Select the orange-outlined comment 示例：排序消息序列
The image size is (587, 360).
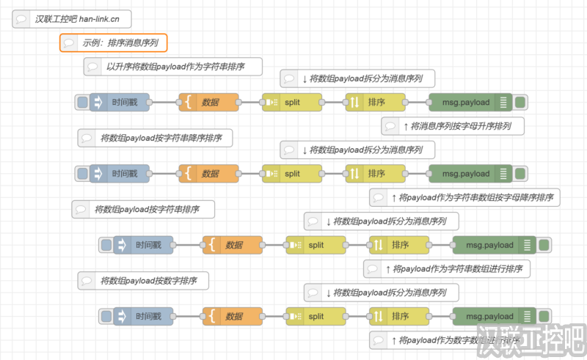pos(114,43)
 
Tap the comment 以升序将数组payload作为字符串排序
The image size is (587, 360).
pos(173,67)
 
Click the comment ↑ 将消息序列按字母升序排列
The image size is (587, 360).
pos(455,126)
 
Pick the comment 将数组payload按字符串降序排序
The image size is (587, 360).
pos(155,137)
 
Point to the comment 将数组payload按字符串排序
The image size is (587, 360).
pos(143,209)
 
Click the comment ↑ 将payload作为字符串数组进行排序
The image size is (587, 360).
pos(447,269)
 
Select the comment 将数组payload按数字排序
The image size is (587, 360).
pos(143,280)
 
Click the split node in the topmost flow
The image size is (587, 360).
pos(292,103)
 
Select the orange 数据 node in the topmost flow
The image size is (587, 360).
pos(209,103)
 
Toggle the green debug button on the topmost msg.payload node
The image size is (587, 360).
pos(520,103)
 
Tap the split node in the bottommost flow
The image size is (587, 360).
pos(316,317)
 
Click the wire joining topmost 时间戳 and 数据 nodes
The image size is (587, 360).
pos(164,103)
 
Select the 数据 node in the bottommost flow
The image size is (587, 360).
pos(233,317)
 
